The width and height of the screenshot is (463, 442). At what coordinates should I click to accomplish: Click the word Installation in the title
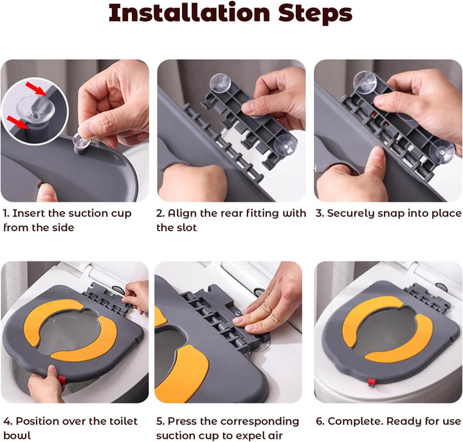189,13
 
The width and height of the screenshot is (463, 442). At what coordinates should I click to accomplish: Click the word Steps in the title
315,14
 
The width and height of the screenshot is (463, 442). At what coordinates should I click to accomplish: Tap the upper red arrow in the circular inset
36,89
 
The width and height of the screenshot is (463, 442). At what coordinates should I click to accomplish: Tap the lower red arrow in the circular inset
17,123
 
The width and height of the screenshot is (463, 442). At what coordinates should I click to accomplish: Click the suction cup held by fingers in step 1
81,141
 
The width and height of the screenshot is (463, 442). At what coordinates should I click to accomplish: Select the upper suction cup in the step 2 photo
220,82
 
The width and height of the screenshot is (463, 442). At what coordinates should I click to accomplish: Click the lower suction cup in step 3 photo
442,152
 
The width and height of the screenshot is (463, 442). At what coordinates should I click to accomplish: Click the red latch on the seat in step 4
62,380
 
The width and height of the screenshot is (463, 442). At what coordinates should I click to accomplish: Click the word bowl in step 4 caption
17,436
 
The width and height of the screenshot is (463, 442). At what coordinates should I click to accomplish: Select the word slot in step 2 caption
187,228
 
